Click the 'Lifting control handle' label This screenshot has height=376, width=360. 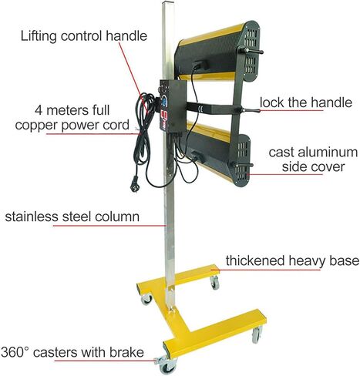point(84,35)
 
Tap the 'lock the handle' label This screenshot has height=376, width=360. point(306,102)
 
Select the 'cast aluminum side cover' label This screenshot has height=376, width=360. point(313,159)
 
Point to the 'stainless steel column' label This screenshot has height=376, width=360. point(72,217)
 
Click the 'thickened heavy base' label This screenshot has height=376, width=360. point(292,260)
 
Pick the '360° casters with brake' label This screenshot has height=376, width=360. point(72,352)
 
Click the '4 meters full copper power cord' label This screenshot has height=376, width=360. point(72,118)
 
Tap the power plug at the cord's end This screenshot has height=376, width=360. point(135,184)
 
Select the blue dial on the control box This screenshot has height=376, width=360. point(164,101)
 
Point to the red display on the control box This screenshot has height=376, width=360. point(164,115)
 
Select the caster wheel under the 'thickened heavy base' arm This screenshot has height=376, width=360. point(215,283)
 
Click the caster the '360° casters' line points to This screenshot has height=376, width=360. point(167,365)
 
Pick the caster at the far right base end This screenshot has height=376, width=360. point(257,334)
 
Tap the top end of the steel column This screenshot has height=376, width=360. point(168,2)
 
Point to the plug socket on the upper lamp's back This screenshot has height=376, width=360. point(200,65)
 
